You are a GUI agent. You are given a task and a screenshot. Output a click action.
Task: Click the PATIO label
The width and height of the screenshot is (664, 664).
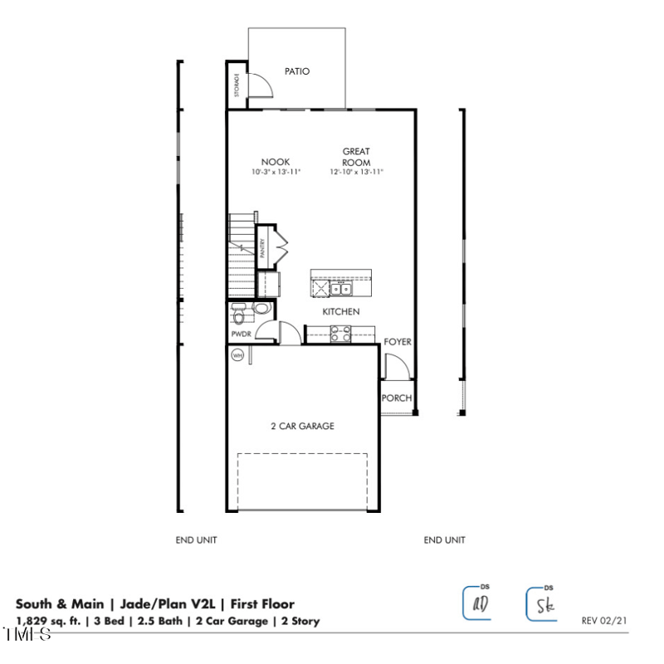click(x=296, y=71)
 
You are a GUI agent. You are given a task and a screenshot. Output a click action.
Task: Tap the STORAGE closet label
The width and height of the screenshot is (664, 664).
click(x=237, y=85)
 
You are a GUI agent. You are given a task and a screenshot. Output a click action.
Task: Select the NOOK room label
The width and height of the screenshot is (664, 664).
click(x=276, y=162)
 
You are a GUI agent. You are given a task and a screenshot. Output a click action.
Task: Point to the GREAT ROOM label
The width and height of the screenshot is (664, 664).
click(x=356, y=157)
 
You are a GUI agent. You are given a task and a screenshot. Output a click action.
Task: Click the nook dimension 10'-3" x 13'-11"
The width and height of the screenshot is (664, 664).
click(x=276, y=172)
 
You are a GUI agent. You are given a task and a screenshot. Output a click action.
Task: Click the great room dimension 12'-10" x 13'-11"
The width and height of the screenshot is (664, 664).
click(x=356, y=172)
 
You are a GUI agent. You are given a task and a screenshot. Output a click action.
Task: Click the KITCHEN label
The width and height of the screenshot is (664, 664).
click(x=341, y=311)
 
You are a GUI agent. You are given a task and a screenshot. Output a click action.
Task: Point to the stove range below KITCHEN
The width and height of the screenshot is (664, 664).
click(x=340, y=334)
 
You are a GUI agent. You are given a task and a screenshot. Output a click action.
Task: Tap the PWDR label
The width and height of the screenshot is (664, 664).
click(x=241, y=334)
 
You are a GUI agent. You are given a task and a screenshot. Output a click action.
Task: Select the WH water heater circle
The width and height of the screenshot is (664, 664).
click(x=237, y=355)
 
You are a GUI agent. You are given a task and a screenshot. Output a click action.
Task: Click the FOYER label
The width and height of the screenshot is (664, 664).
click(x=398, y=342)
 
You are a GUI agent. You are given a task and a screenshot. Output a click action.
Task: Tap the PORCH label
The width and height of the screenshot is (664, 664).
click(x=397, y=398)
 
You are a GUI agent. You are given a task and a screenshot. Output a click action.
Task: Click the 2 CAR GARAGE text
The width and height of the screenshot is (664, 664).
click(x=302, y=426)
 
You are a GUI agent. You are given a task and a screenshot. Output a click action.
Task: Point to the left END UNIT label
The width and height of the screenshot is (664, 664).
click(x=196, y=540)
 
